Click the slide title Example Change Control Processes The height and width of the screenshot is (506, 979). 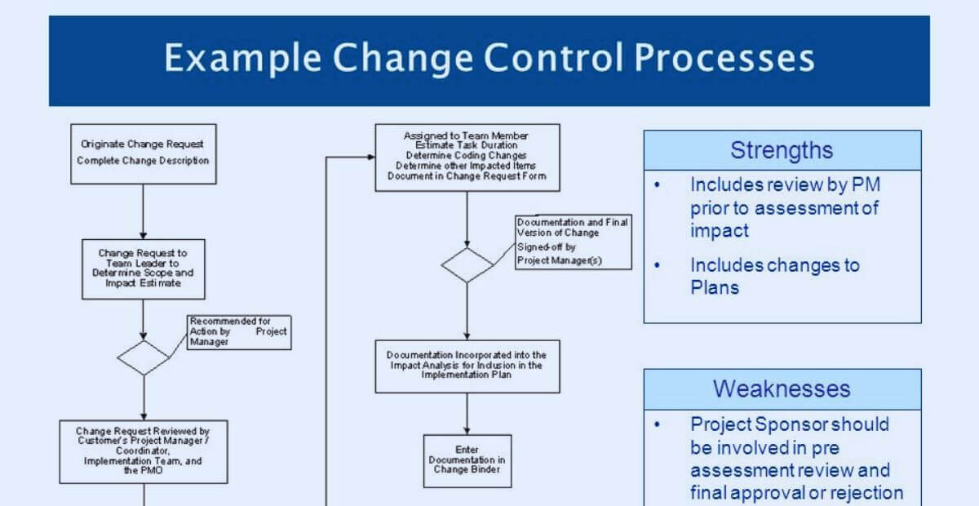489,60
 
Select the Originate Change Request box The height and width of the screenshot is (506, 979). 143,153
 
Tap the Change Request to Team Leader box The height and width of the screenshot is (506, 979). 144,269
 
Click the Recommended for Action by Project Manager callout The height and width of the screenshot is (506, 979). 239,332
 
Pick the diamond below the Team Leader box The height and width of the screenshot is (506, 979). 143,358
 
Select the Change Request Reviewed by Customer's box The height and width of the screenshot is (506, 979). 144,451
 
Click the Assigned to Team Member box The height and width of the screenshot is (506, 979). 467,157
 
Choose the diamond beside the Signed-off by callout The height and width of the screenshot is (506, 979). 467,265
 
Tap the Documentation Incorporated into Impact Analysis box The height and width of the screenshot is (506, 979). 467,366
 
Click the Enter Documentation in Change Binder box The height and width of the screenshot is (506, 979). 467,460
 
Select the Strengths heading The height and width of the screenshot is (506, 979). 782,150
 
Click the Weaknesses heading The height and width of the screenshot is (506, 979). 782,388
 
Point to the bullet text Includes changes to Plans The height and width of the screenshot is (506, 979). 774,276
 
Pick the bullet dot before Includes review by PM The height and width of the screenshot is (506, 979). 658,185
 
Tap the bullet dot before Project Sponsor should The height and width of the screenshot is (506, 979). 658,424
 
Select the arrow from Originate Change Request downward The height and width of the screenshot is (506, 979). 143,211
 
